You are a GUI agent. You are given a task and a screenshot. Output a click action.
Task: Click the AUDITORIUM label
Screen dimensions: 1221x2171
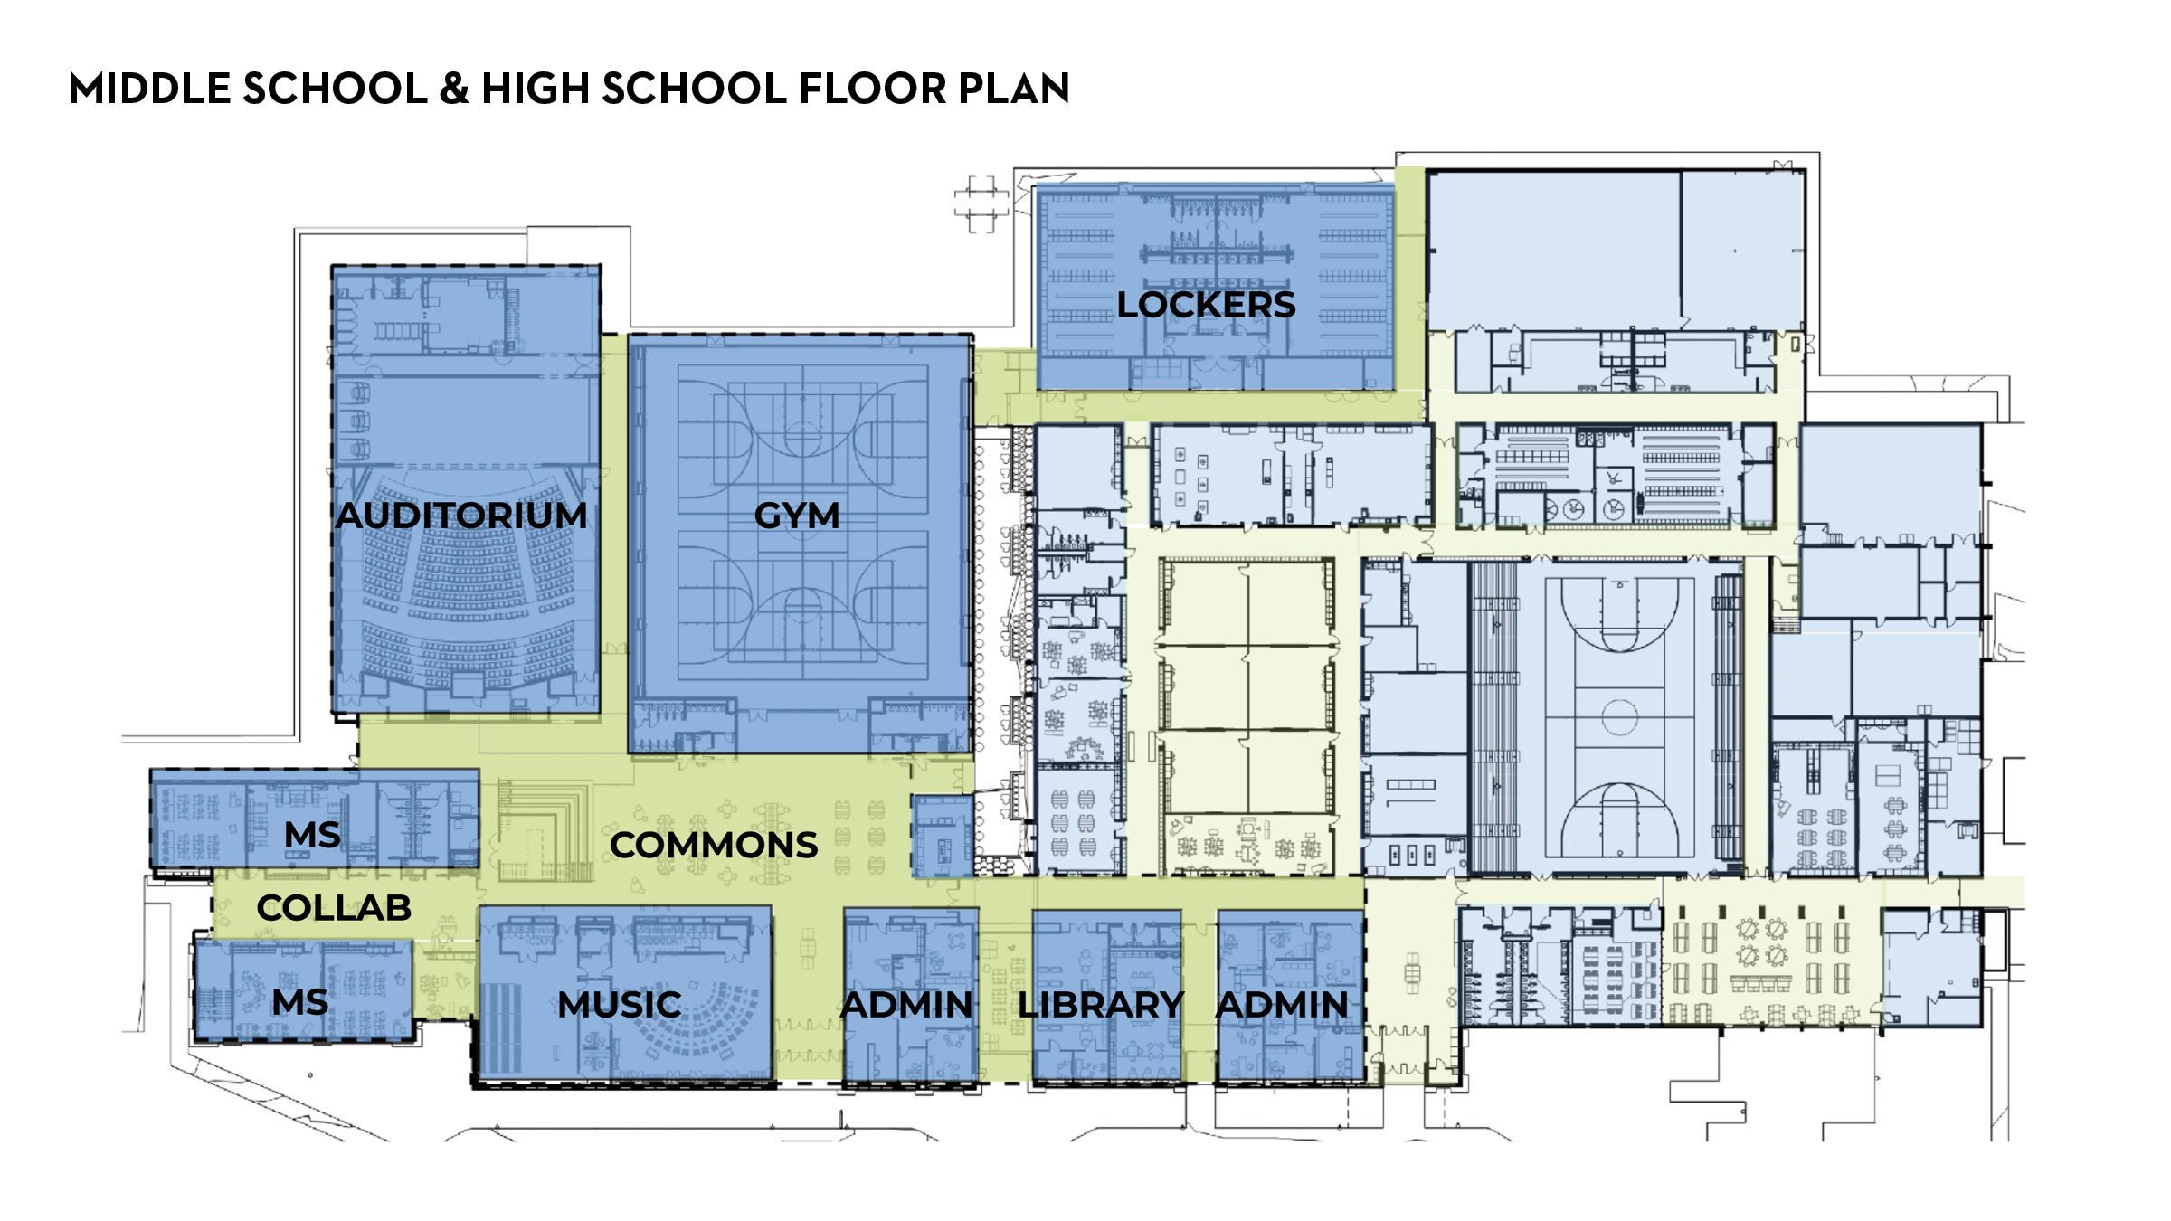coord(461,516)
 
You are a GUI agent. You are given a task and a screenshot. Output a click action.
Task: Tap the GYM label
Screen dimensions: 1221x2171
coord(797,516)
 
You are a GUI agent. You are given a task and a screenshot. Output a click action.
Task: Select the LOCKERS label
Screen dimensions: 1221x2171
coord(1206,305)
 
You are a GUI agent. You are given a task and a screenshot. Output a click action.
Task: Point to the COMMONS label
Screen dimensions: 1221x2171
coord(714,846)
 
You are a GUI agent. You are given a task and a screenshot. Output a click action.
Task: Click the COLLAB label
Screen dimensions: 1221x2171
coord(334,908)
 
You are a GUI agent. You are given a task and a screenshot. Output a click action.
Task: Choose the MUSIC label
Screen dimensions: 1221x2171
coord(620,1005)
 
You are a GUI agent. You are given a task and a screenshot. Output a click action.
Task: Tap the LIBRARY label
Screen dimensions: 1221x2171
coord(1100,1005)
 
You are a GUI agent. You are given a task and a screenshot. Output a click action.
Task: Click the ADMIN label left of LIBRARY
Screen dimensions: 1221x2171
coord(906,1005)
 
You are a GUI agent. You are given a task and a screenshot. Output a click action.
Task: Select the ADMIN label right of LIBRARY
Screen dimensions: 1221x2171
coord(1282,1005)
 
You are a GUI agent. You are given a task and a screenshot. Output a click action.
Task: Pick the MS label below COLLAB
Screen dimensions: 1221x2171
coord(300,1002)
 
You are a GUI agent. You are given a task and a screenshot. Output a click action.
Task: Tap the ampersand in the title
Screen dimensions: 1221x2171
coord(454,89)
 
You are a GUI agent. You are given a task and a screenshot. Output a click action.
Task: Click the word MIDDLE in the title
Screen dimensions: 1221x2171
coord(149,89)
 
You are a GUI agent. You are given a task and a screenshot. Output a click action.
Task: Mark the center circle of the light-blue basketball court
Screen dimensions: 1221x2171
coord(1619,717)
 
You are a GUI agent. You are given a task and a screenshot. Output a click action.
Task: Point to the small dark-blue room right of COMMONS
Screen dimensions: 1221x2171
coord(943,837)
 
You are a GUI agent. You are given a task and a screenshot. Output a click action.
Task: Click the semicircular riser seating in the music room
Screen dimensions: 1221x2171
coord(715,1022)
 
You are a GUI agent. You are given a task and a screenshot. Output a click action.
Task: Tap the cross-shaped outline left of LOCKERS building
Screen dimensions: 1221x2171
coord(981,204)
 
